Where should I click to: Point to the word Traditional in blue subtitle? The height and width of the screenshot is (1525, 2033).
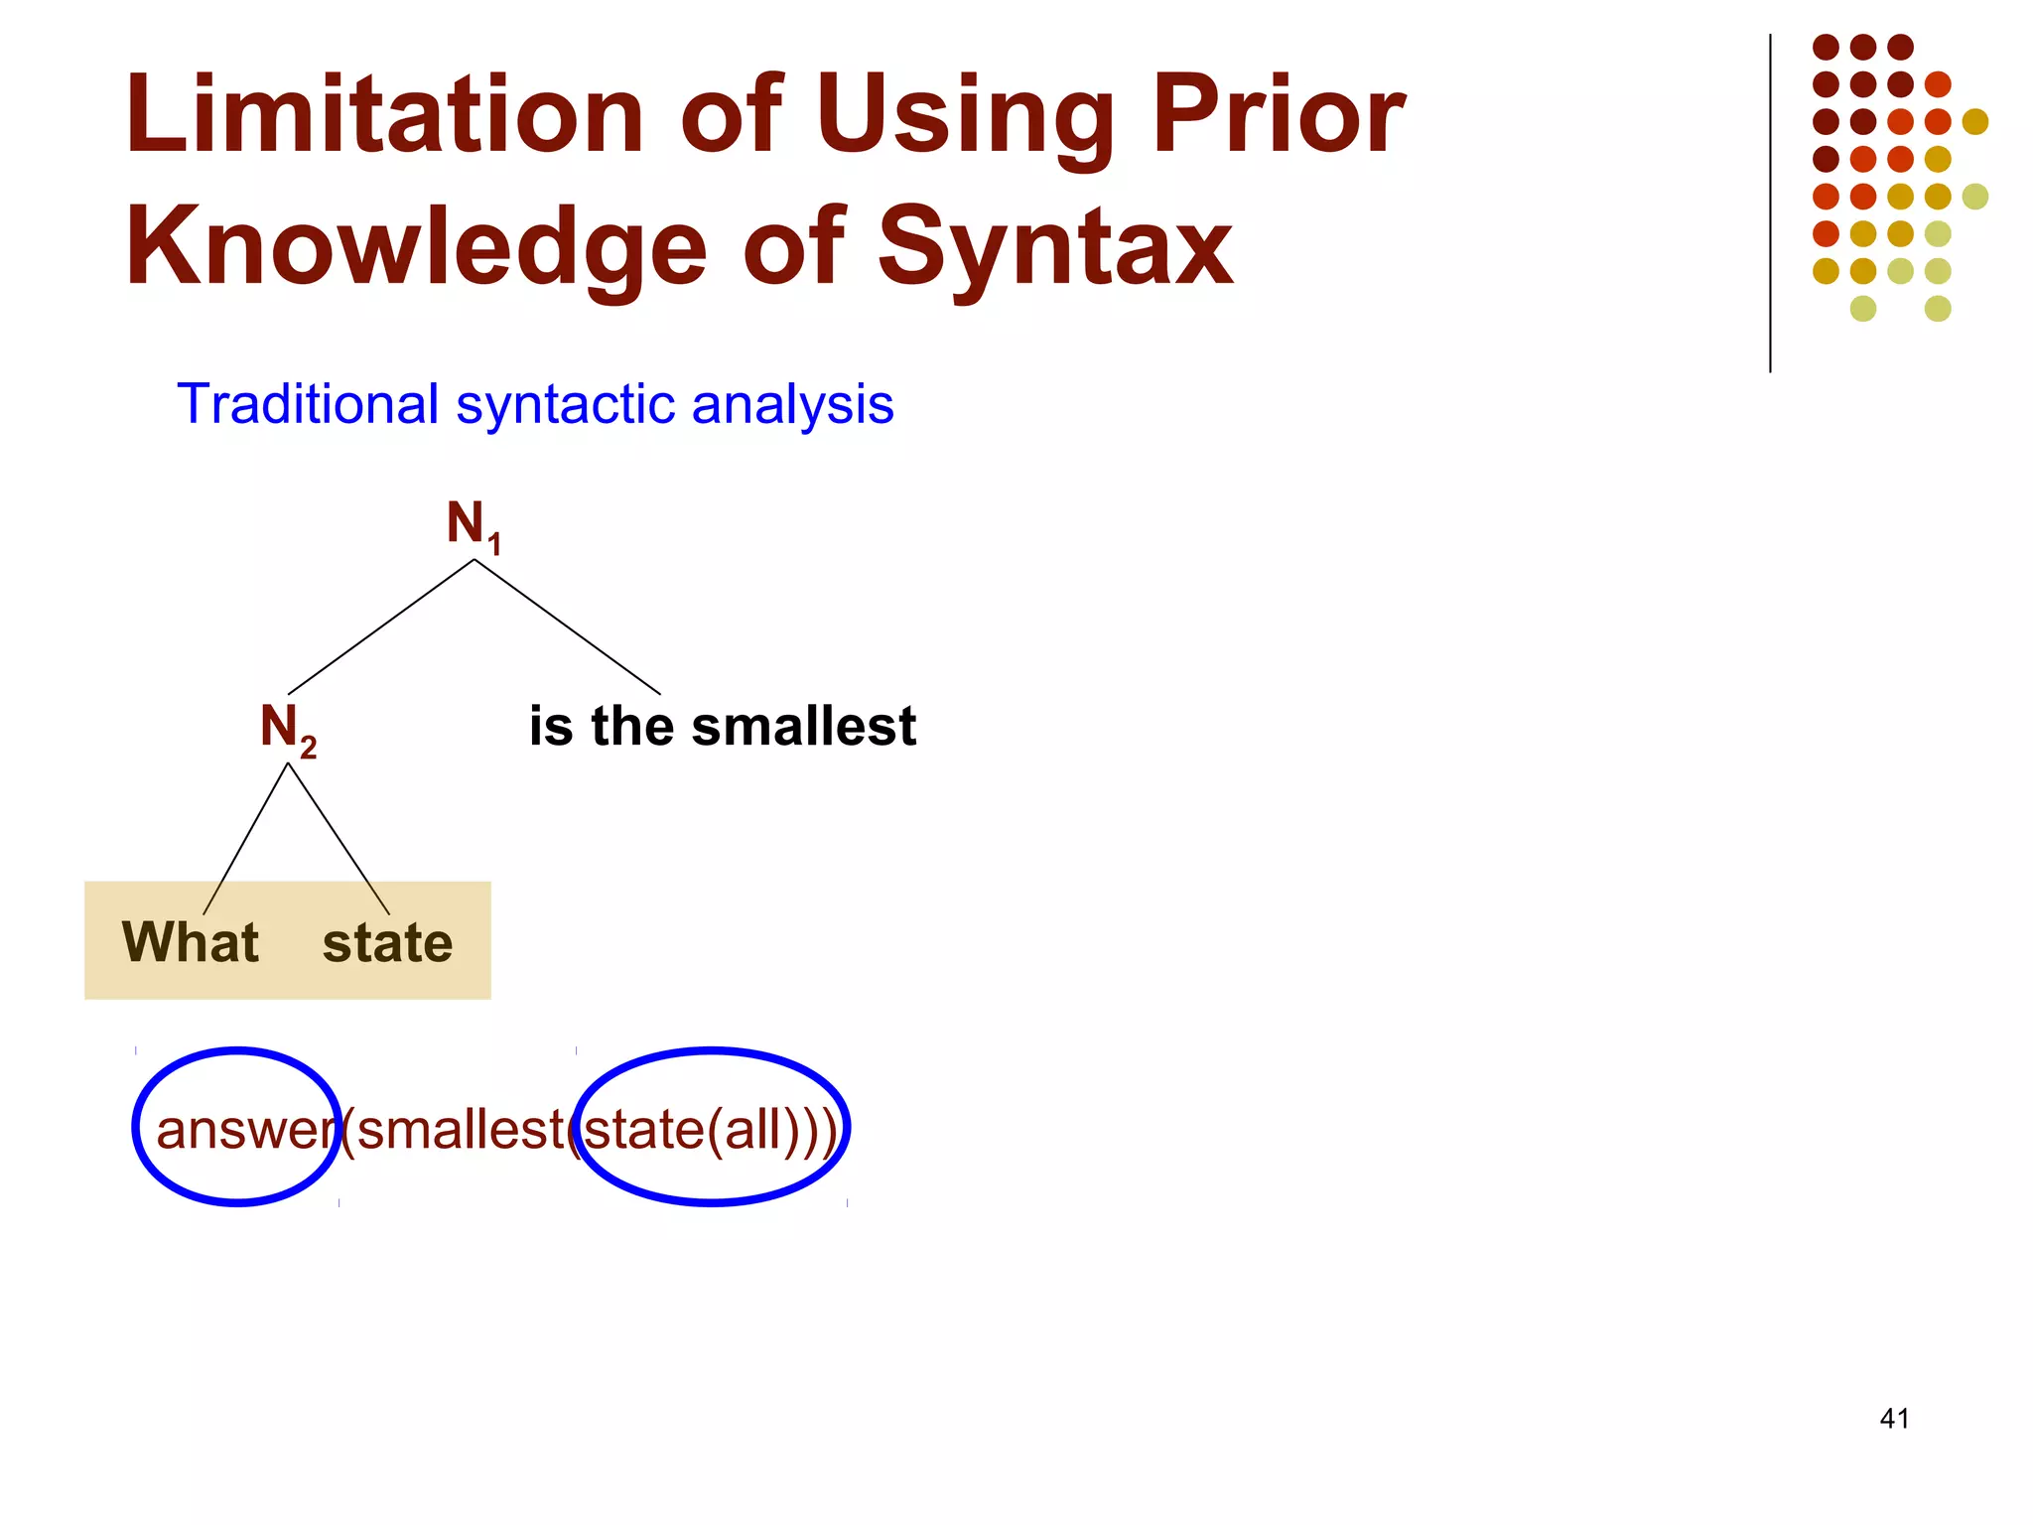[308, 404]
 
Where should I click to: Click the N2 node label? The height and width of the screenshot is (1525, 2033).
[287, 728]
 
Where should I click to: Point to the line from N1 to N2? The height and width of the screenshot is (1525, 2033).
[381, 626]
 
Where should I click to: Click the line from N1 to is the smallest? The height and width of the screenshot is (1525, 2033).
[567, 626]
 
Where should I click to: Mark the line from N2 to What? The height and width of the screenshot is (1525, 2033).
[246, 838]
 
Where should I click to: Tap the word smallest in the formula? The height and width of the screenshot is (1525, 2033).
[460, 1130]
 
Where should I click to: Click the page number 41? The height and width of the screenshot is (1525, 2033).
[1894, 1419]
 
